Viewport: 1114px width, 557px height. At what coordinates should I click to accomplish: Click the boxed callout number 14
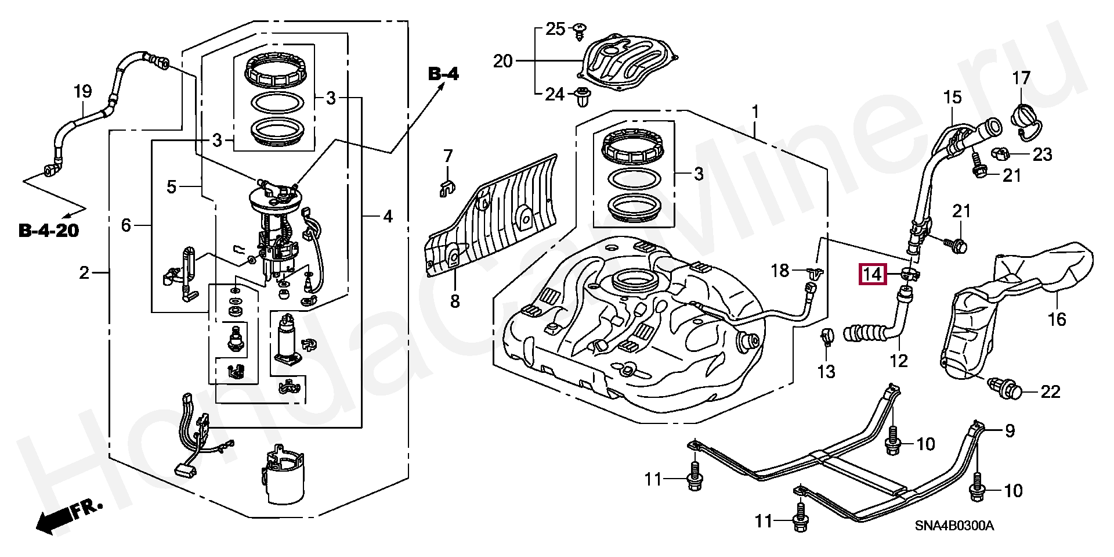[873, 272]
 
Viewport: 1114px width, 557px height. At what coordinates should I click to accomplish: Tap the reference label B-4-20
[48, 231]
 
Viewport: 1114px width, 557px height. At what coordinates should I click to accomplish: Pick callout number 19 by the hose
[82, 91]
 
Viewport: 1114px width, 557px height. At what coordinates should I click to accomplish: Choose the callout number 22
[1050, 391]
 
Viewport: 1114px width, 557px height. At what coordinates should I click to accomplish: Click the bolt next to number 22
[1006, 388]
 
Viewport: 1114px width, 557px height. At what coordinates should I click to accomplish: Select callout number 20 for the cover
[503, 60]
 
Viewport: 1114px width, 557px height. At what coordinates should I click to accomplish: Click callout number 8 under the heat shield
[455, 301]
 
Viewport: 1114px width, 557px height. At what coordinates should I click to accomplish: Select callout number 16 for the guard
[1057, 318]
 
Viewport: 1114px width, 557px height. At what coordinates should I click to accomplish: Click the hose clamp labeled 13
[826, 336]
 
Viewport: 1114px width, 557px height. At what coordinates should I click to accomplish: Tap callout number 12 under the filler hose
[898, 361]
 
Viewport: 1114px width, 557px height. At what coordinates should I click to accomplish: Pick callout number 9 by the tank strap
[1010, 430]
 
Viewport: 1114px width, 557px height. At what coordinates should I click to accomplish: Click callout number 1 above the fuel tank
[755, 110]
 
